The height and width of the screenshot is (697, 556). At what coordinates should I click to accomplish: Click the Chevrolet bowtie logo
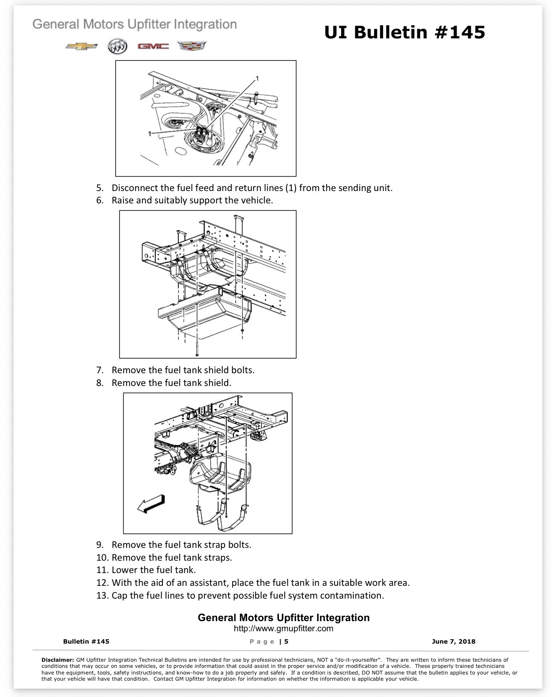[81, 46]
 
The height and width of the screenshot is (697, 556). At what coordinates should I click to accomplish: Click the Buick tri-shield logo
[117, 46]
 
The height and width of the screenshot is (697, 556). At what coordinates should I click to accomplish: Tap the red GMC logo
[153, 46]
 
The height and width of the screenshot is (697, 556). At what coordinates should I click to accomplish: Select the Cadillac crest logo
[192, 46]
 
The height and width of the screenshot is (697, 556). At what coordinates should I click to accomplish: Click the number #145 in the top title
[460, 32]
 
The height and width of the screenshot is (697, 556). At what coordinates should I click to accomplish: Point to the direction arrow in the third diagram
[151, 504]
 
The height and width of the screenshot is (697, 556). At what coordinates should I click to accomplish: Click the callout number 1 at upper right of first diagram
[257, 79]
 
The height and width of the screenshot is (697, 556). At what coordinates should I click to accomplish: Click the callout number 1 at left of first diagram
[150, 134]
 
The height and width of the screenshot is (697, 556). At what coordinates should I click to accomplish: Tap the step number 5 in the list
[100, 188]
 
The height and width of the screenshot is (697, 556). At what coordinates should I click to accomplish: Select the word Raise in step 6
[123, 200]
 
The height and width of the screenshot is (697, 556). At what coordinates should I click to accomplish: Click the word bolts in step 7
[243, 370]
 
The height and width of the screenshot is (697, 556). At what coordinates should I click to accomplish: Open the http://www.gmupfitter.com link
[283, 628]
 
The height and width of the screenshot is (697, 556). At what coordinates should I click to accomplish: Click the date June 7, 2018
[453, 641]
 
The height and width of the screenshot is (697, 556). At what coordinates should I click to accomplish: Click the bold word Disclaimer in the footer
[58, 660]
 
